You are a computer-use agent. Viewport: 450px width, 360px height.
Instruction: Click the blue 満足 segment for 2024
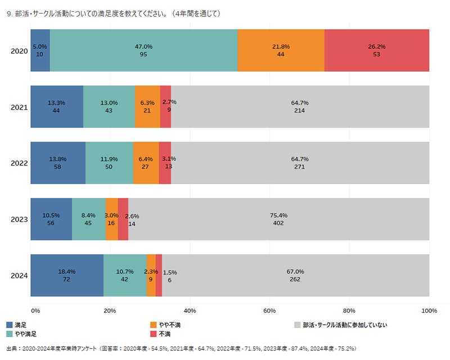point(67,275)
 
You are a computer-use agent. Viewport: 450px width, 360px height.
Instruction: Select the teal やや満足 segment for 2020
point(143,51)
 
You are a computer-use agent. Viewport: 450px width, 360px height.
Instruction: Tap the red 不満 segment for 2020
point(377,51)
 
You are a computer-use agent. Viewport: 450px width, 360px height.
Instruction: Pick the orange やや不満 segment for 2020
point(281,51)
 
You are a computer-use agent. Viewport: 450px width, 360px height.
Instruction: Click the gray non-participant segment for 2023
point(278,219)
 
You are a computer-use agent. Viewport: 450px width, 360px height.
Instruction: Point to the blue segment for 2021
point(57,106)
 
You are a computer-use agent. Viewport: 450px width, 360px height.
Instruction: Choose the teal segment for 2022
point(109,163)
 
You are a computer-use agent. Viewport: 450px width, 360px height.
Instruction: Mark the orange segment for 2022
point(146,163)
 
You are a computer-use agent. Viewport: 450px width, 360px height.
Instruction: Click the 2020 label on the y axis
point(19,51)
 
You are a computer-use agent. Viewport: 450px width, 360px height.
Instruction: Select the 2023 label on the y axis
point(19,219)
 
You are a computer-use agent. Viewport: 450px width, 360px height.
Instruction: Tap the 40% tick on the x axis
point(190,310)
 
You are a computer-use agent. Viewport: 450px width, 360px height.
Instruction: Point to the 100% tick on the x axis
point(429,310)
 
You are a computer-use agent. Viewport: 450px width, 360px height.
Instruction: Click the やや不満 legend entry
point(169,325)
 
